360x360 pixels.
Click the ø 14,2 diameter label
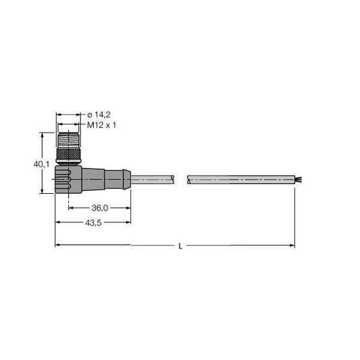[x=100, y=115]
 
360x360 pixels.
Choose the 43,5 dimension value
[x=92, y=223]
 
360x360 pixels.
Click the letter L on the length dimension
[x=181, y=246]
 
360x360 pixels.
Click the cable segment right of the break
[x=240, y=178]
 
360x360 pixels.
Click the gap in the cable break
[x=182, y=178]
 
